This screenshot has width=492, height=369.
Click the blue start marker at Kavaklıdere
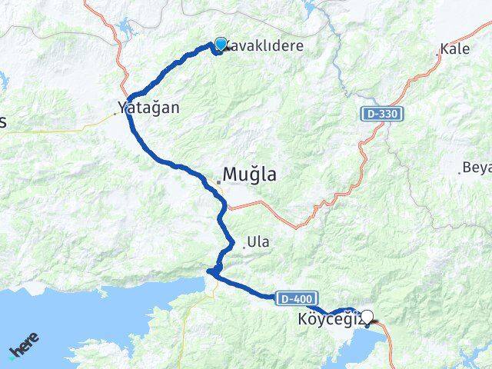pyautogui.click(x=221, y=44)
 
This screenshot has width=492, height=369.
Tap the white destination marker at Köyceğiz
pyautogui.click(x=369, y=316)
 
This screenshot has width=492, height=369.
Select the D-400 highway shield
pyautogui.click(x=291, y=297)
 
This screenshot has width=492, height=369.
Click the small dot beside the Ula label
pyautogui.click(x=244, y=246)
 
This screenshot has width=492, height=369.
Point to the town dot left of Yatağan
pyautogui.click(x=115, y=113)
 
